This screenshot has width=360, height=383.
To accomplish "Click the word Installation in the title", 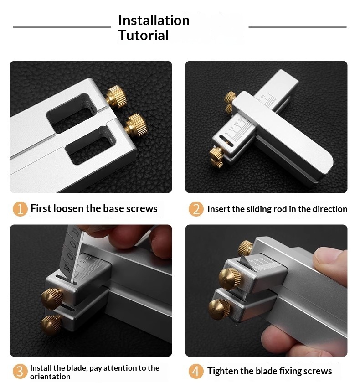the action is (154, 20).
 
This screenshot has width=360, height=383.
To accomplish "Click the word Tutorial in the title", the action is (143, 35).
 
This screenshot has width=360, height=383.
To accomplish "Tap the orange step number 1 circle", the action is (20, 209).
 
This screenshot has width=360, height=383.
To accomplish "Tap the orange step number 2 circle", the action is (196, 209).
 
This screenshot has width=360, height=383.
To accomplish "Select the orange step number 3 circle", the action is (20, 372).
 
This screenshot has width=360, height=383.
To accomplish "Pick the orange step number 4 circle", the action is (196, 372).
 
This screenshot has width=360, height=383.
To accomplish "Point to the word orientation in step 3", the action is (50, 377).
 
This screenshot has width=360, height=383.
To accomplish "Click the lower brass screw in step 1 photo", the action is (136, 124).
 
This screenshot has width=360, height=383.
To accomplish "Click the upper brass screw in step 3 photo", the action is (52, 299).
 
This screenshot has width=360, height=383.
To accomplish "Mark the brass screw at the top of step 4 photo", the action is (245, 248).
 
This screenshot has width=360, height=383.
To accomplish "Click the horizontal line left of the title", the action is (62, 27).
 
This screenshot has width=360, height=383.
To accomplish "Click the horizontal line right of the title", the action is (298, 27).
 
